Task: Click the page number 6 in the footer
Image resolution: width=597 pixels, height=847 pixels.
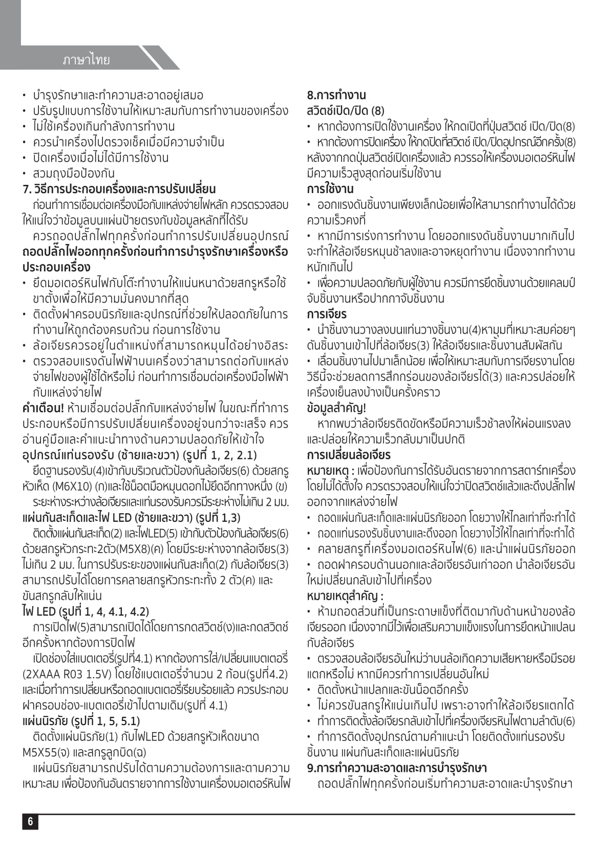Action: [x=30, y=821]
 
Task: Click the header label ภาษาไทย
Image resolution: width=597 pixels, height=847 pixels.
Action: [x=86, y=60]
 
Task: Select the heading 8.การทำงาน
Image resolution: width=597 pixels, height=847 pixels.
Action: [x=336, y=95]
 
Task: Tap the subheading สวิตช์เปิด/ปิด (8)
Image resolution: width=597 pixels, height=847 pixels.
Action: [x=346, y=111]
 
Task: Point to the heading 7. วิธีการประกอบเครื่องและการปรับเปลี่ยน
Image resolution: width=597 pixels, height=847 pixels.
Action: [x=119, y=189]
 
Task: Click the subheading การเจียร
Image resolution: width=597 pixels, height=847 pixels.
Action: [x=327, y=314]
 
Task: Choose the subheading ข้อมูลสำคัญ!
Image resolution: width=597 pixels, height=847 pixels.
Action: [x=336, y=408]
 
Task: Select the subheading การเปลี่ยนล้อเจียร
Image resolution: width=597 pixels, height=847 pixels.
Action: [x=349, y=455]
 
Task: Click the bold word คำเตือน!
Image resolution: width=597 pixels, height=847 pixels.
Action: [x=43, y=408]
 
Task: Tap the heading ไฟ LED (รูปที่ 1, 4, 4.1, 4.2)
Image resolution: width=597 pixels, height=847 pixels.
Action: [x=86, y=611]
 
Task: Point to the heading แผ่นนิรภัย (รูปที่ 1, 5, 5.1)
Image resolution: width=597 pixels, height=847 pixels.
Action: [x=81, y=721]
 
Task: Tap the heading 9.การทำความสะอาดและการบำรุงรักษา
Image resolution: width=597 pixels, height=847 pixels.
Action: [x=397, y=768]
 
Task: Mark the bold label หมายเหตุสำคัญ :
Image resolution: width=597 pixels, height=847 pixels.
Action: [x=345, y=596]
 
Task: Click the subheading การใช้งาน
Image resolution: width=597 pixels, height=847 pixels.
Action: [x=330, y=189]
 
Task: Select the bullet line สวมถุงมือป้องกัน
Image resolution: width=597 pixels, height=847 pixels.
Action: [x=74, y=173]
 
